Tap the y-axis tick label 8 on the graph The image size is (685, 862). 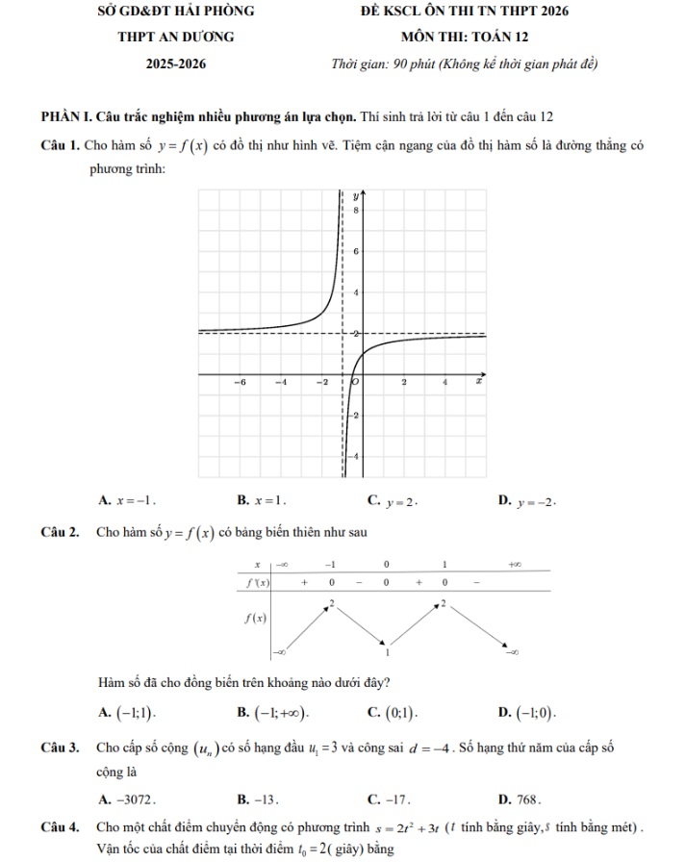point(355,209)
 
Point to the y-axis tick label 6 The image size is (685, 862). point(355,251)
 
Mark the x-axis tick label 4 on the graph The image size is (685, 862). point(444,383)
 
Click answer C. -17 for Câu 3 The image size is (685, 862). point(390,799)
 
